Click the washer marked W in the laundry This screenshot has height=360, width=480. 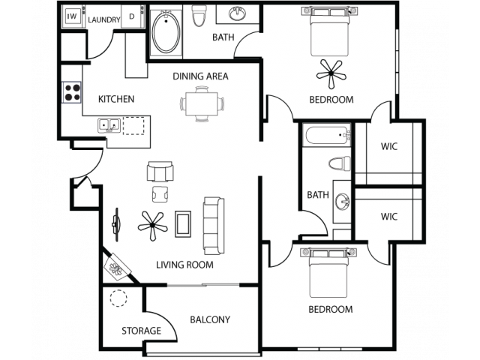(x=73, y=16)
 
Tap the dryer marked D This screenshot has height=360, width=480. (x=133, y=16)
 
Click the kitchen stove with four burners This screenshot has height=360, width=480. (x=72, y=92)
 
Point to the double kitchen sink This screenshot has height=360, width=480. (x=109, y=125)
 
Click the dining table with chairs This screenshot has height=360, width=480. (x=202, y=103)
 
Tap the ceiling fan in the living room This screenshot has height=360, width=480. (x=152, y=226)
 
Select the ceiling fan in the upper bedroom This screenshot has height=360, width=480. (x=331, y=73)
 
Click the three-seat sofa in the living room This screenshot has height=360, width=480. (x=214, y=226)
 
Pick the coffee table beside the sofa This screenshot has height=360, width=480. (x=183, y=223)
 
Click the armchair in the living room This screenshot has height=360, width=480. (x=160, y=172)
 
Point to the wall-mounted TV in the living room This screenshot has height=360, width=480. (x=116, y=225)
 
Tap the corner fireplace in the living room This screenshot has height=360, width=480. (x=118, y=267)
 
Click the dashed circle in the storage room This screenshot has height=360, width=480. (x=118, y=298)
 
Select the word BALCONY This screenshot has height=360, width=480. (x=210, y=319)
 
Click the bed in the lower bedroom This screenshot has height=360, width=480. (x=329, y=272)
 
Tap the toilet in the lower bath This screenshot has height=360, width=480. (x=339, y=163)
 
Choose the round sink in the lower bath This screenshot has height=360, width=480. (x=343, y=202)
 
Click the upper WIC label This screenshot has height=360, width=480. (x=389, y=146)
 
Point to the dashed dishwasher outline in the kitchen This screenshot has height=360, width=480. (x=133, y=125)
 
